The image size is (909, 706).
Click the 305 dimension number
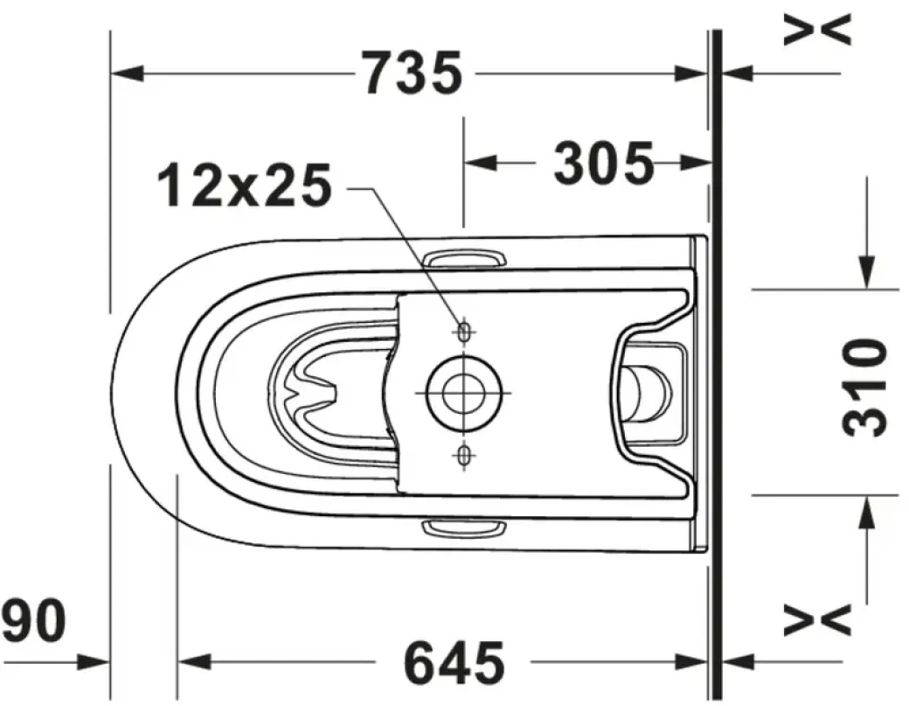pos(605,163)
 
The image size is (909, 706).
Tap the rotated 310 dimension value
pos(865,387)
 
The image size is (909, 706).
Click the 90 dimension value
pos(33,622)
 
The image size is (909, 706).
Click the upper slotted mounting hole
pos(463,330)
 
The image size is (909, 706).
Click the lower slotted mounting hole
pos(463,453)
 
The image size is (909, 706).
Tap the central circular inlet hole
pos(463,391)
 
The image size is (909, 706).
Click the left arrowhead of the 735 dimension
pos(127,73)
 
